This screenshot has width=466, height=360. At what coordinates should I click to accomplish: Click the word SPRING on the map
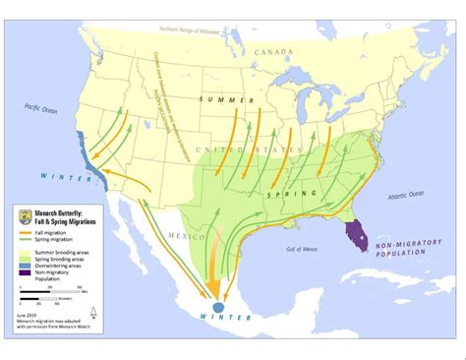coord(285,194)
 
